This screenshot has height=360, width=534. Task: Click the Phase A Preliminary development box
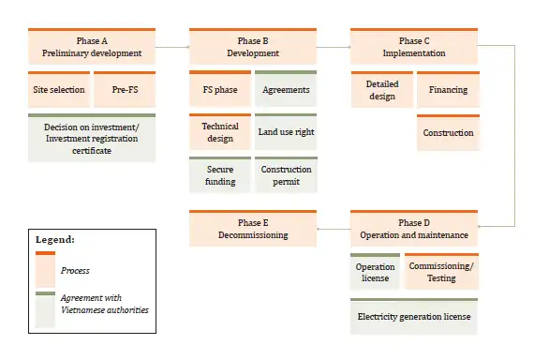pos(92,47)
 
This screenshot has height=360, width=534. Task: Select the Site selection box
pos(59,90)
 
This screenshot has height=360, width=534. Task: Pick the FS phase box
pos(220,90)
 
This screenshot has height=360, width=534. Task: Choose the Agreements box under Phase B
pos(286,90)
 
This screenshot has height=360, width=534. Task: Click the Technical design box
pos(220,132)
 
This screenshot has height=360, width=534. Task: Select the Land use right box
pos(286,132)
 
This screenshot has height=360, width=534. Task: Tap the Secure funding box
pos(220,175)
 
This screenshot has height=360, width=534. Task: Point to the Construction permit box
pos(286,175)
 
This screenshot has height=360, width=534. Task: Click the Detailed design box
pos(381,90)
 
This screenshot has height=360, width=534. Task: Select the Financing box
pos(448,90)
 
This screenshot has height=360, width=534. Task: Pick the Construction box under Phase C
pos(448,133)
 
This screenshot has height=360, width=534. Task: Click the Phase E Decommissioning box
pos(253,229)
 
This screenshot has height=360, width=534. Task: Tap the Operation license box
pos(375,272)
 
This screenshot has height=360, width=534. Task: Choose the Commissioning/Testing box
pos(441,272)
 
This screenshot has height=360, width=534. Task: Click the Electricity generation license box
pos(414,317)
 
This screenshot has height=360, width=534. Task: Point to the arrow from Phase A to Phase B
pos(172,46)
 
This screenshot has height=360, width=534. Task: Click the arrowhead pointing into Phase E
pos(320,229)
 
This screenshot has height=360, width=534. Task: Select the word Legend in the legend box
pos(54,240)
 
